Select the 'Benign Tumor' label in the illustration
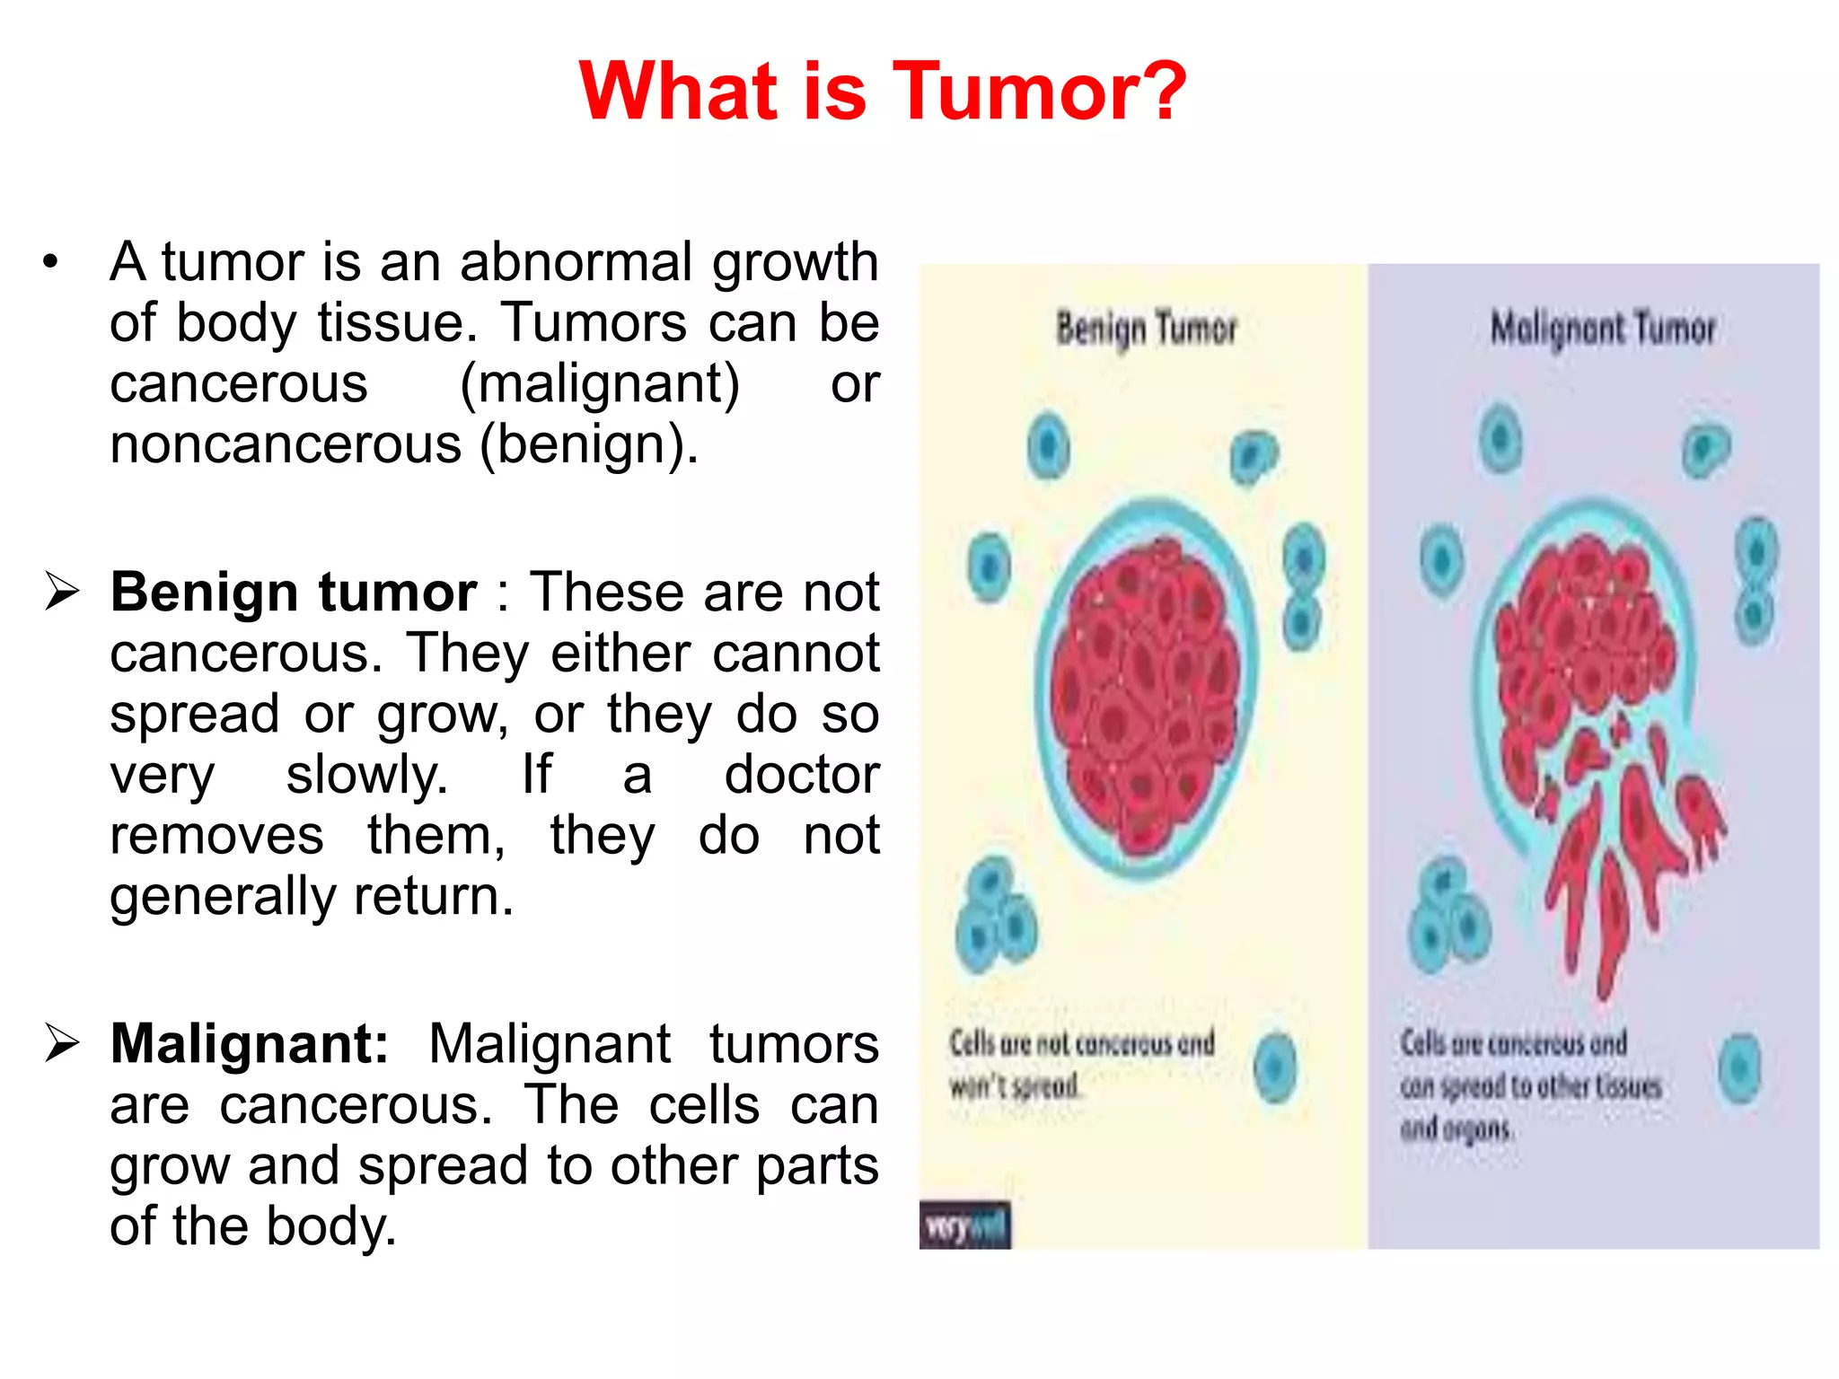pos(1146,329)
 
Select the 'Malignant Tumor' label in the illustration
pos(1603,329)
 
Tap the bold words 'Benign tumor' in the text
pos(294,593)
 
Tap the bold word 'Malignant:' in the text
pos(250,1044)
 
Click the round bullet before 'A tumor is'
pos(50,263)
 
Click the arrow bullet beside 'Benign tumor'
pos(63,592)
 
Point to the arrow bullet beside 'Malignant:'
pos(63,1043)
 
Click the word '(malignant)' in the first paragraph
pos(600,384)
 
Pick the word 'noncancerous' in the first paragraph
pos(286,444)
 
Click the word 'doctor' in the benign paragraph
pos(801,775)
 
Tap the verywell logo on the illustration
pos(964,1225)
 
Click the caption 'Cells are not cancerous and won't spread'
pos(1081,1064)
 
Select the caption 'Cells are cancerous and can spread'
pos(1530,1085)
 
